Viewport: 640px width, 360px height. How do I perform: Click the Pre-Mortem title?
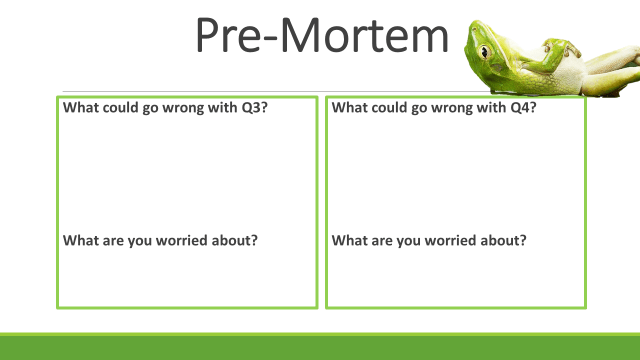pyautogui.click(x=321, y=37)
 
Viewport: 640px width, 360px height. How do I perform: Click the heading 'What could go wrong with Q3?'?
pyautogui.click(x=166, y=106)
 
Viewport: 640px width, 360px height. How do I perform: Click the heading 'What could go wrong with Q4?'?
pyautogui.click(x=434, y=106)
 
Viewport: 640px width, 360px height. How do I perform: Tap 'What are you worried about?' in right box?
pyautogui.click(x=429, y=240)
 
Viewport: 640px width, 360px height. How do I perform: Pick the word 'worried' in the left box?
pyautogui.click(x=196, y=240)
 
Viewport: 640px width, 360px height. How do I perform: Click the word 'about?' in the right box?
pyautogui.click(x=505, y=240)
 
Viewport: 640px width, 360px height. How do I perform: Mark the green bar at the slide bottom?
pyautogui.click(x=320, y=347)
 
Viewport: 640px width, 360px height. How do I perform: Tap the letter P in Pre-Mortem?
pyautogui.click(x=212, y=37)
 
